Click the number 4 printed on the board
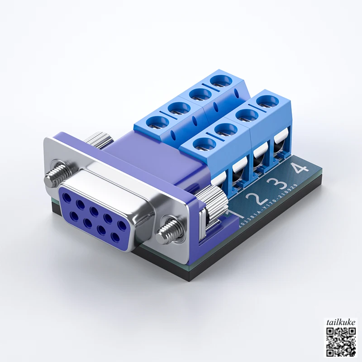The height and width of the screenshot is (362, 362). click(x=299, y=169)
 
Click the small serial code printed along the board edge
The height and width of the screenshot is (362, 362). click(x=267, y=205)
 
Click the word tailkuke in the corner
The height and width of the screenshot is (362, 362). click(x=341, y=322)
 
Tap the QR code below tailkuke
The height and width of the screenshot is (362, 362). click(x=341, y=342)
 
